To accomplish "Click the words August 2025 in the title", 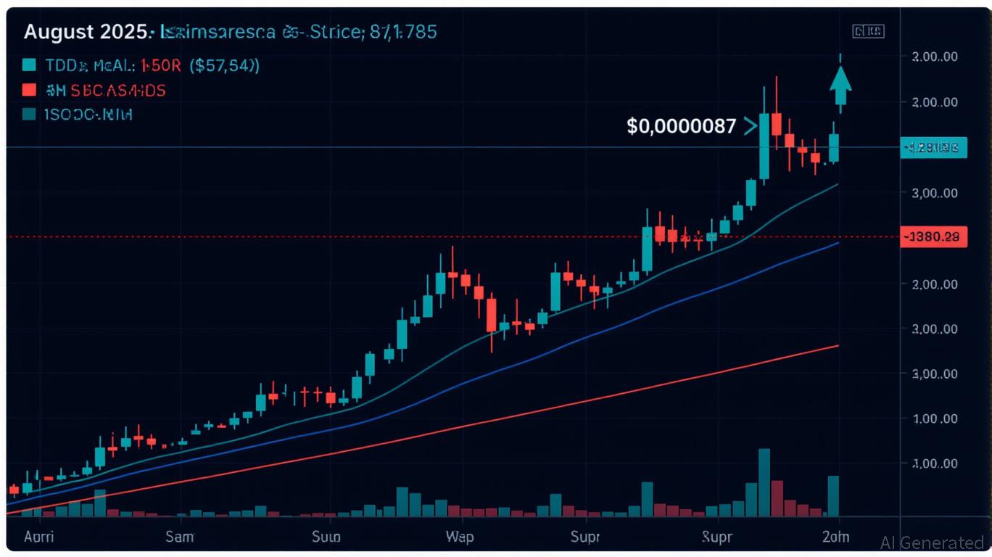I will coord(84,33).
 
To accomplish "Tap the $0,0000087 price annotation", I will coord(681,126).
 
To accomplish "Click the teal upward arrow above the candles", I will coord(840,86).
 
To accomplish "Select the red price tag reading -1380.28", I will coord(933,236).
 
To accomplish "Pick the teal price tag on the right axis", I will coord(933,148).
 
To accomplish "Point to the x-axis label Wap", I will coord(459,537).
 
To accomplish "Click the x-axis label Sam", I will coord(179,537).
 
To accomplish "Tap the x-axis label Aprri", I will coord(38,537).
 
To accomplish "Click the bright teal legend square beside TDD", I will coord(29,66).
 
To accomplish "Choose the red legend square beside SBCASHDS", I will coord(29,91).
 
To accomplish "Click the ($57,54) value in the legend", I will coord(224,66).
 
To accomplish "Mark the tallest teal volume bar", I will coord(764,482).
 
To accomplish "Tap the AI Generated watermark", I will coord(932,542).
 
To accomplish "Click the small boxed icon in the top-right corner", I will coord(868,31).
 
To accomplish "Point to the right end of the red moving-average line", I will coord(838,346).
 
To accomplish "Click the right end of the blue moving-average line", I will coord(838,243).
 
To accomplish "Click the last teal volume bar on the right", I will coord(833,496).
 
